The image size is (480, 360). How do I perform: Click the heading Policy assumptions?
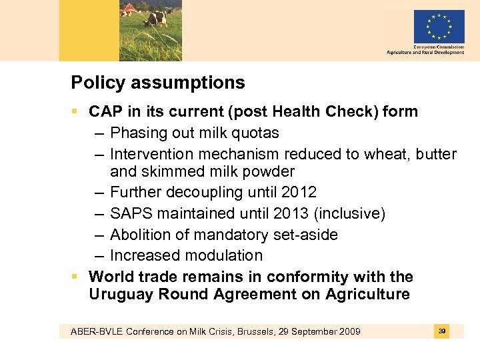158,83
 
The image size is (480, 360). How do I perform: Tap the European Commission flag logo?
439,27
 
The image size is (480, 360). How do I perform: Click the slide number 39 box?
442,331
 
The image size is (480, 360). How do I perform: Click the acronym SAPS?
131,214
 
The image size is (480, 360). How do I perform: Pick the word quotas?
254,133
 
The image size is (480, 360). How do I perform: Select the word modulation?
223,255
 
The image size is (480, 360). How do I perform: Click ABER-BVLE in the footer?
85,332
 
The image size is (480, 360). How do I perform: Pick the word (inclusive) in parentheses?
350,214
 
